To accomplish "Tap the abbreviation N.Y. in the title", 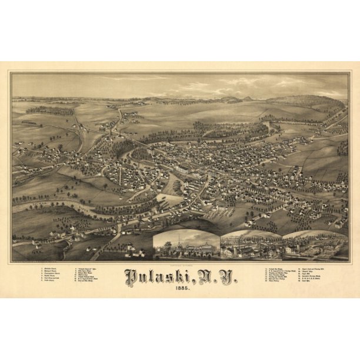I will (x=217, y=275).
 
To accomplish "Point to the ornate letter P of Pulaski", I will (x=131, y=275).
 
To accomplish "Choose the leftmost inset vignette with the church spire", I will (x=186, y=246).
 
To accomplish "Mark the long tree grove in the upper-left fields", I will (x=50, y=110).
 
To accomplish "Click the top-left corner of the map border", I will (x=10, y=72).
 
